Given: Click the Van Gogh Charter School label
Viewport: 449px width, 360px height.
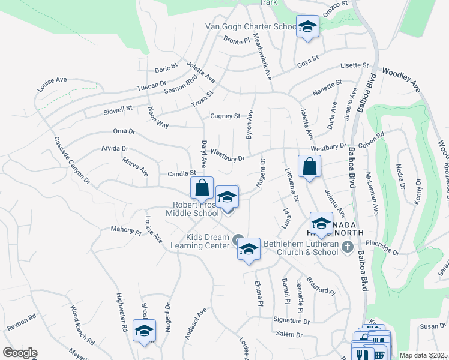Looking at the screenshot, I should point(251,26).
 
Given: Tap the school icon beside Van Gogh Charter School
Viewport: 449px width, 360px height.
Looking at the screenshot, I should point(307,27).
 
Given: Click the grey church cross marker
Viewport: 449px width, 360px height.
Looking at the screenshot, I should point(346,247).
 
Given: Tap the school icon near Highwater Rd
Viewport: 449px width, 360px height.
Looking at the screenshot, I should point(144,331).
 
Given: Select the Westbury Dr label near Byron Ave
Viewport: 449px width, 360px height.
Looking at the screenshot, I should point(228,155).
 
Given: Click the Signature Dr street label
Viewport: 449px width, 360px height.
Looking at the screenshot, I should point(291,321).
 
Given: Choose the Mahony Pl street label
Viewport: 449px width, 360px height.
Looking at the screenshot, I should point(125,229).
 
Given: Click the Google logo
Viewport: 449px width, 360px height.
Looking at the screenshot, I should point(20,353).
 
